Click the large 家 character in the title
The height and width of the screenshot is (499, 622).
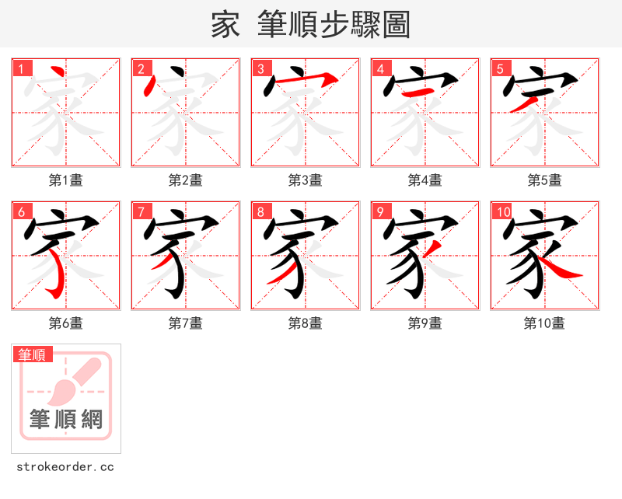tap(225, 25)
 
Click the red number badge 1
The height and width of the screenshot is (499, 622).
tap(21, 69)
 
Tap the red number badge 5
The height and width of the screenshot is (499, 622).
tap(500, 69)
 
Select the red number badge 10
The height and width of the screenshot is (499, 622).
tap(502, 212)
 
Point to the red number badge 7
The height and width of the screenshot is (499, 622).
tap(141, 212)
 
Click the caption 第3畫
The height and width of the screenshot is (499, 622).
tap(305, 180)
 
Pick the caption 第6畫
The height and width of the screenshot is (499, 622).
tap(65, 323)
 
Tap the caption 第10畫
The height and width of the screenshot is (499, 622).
tap(544, 323)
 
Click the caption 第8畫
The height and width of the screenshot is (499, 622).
tap(305, 323)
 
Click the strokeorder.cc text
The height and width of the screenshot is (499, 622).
tap(65, 467)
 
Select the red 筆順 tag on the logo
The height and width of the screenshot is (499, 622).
tap(33, 354)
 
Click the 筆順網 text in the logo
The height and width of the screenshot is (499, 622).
tap(66, 420)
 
